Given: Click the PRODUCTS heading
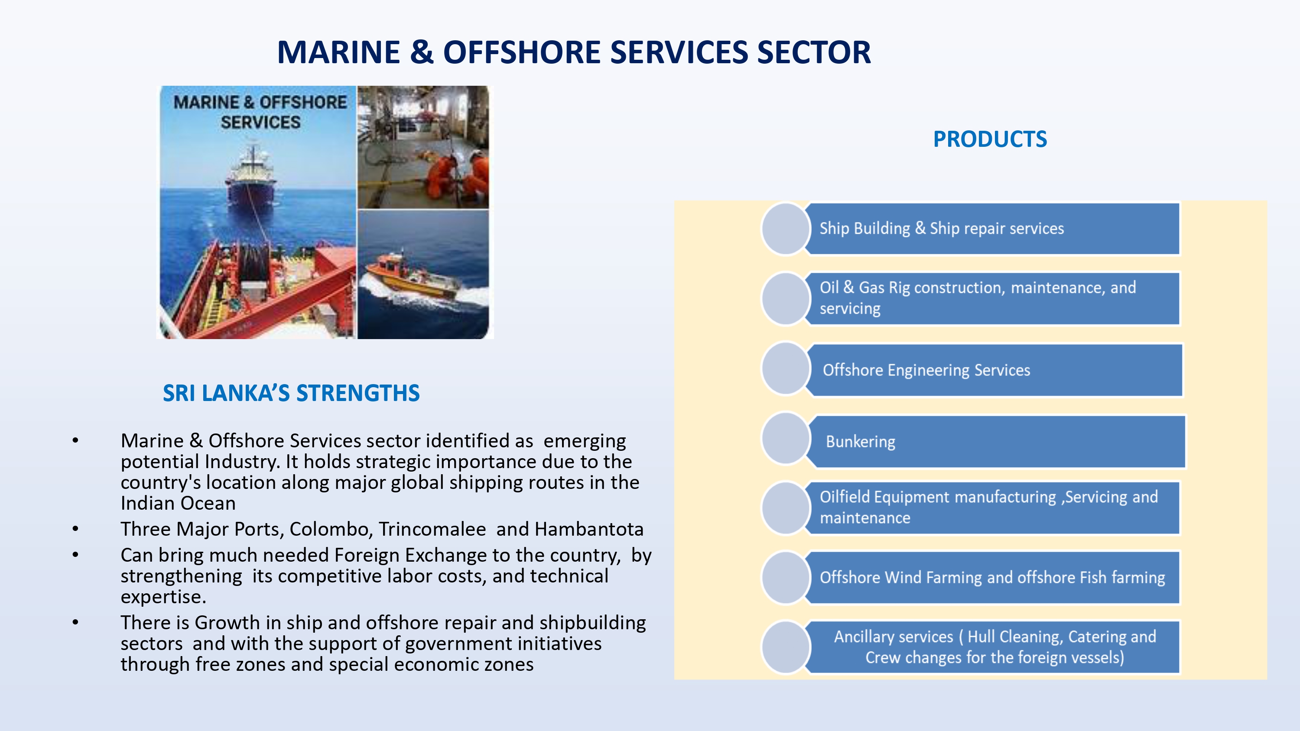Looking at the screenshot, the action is click(990, 139).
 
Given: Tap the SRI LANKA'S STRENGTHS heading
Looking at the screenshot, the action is click(291, 393).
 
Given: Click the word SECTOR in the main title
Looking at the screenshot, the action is click(813, 52).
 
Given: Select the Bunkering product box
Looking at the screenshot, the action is click(996, 442).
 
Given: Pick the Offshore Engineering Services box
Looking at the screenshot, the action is click(994, 370).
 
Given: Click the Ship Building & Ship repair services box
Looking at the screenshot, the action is click(993, 229).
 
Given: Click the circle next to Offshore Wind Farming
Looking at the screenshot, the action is click(786, 578).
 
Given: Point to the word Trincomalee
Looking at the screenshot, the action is click(432, 529).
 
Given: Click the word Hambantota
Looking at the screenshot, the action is click(589, 529).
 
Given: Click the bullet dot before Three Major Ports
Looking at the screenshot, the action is click(76, 529).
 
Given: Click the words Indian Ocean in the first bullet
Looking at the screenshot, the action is click(178, 504).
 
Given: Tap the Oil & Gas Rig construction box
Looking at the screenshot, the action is click(993, 299).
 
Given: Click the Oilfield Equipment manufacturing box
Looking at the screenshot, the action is click(993, 508).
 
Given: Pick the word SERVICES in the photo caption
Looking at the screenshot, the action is click(260, 123).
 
